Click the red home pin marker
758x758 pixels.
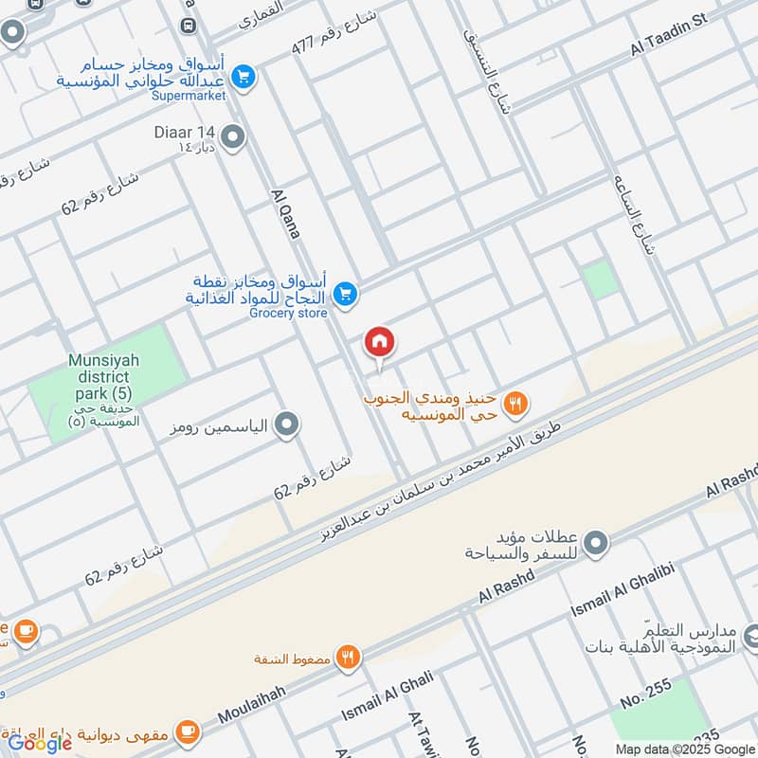380,342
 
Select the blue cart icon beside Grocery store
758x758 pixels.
346,295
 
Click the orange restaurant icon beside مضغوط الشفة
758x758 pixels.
349,657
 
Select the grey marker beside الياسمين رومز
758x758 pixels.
287,426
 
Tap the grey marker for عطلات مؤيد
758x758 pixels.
595,544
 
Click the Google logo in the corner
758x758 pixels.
40,743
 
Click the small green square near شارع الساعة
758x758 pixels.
599,280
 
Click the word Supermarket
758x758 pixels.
189,96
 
